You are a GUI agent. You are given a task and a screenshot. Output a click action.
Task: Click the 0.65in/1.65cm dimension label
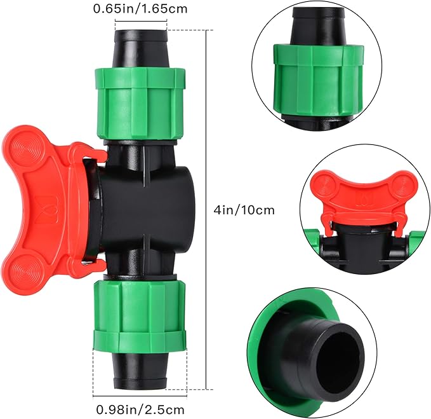pyautogui.click(x=140, y=10)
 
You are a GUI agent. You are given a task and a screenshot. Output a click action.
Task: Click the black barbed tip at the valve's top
pyautogui.click(x=140, y=46)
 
